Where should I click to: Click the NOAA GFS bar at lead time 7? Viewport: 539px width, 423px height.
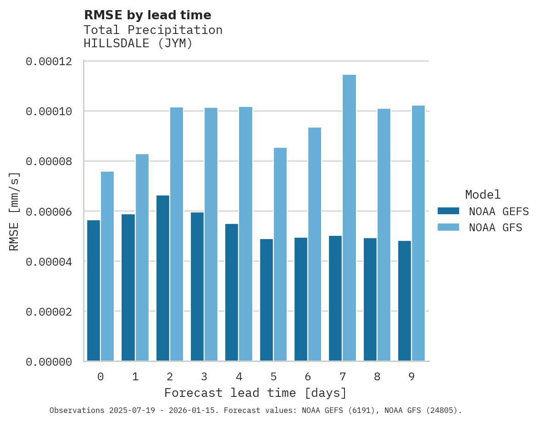[349, 217]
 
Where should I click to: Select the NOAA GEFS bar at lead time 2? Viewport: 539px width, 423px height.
[163, 278]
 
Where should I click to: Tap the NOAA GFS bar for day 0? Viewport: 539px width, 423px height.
[107, 266]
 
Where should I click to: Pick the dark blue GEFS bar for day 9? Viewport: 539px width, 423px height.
[405, 301]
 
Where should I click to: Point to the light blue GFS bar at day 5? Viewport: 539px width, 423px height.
[280, 254]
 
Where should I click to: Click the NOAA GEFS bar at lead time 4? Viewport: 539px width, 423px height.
[232, 292]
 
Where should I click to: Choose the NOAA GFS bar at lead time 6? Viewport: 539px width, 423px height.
[315, 244]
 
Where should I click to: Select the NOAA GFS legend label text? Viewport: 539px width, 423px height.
[495, 228]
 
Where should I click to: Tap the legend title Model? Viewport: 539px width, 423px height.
[483, 195]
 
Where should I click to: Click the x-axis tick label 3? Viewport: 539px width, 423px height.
[204, 377]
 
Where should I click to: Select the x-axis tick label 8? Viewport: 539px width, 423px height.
[377, 377]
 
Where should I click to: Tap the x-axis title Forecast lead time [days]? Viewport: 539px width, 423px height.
[256, 393]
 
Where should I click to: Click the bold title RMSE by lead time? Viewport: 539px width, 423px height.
[147, 15]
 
